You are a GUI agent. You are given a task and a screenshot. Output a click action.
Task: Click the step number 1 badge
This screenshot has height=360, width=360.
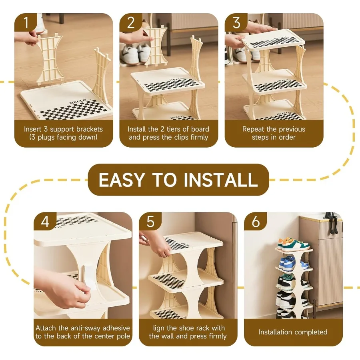pos(26,23)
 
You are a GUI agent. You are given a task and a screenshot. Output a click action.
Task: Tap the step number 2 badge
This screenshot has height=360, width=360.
pos(131,23)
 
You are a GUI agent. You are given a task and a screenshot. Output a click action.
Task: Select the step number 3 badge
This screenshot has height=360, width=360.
pos(236,23)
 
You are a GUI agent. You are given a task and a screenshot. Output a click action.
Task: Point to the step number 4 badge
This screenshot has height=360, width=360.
pos(45,221)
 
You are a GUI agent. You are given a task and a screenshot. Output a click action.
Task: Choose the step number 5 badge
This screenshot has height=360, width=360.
pos(150,221)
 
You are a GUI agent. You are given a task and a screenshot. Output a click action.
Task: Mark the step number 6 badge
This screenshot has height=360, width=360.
pos(256,221)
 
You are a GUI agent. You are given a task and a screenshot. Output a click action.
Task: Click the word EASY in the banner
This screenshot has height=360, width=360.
pos(123,180)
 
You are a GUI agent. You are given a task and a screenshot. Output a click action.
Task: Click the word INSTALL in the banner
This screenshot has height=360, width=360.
pos(220,180)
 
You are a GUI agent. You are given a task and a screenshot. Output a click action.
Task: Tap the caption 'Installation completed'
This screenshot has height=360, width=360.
pos(293,332)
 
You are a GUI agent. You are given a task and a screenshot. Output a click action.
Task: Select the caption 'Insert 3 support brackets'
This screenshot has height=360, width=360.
pos(63,129)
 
